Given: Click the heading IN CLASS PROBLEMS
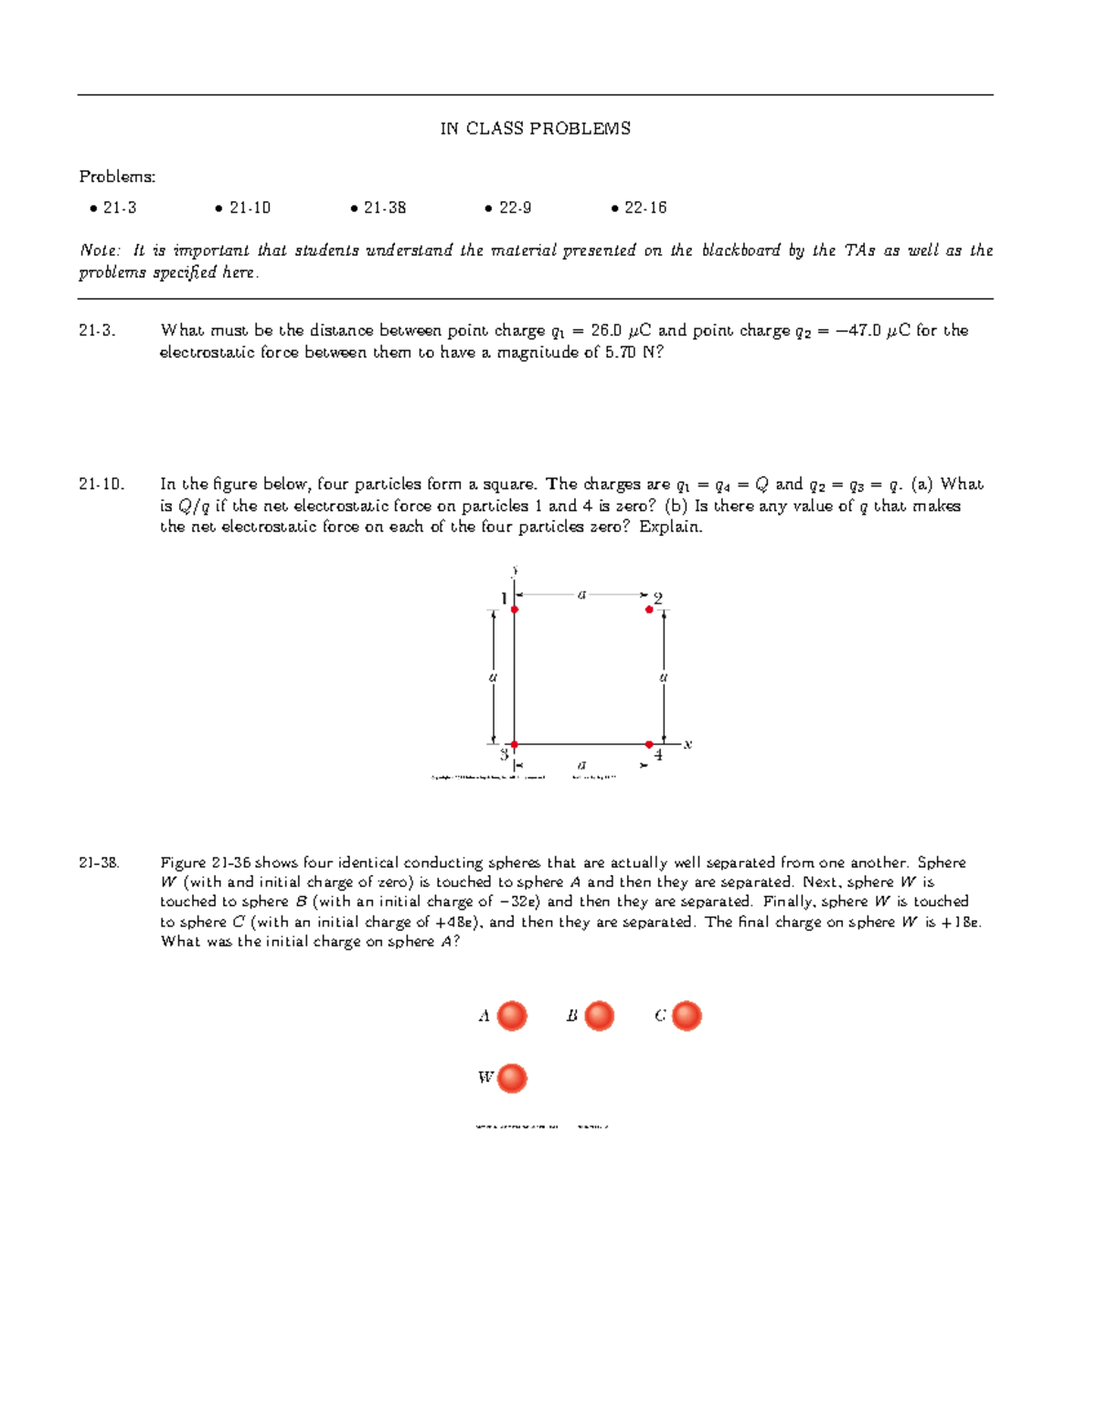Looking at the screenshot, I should pyautogui.click(x=535, y=129).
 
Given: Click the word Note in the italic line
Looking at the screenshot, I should pyautogui.click(x=97, y=251).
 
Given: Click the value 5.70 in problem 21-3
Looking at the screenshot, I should pyautogui.click(x=620, y=353).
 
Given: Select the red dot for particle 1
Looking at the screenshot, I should pyautogui.click(x=515, y=609).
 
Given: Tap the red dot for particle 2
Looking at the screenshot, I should pyautogui.click(x=649, y=609).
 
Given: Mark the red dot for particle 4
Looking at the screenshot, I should pyautogui.click(x=649, y=744).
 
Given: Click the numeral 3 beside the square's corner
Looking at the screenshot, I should pyautogui.click(x=503, y=755).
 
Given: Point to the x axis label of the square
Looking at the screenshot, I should pyautogui.click(x=687, y=744).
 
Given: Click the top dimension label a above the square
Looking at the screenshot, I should pyautogui.click(x=581, y=594).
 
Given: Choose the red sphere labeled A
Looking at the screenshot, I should pyautogui.click(x=512, y=1016).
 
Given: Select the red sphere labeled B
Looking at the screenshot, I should pyautogui.click(x=599, y=1016).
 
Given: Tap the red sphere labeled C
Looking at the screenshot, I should pyautogui.click(x=687, y=1016).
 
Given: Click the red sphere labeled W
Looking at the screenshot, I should pyautogui.click(x=512, y=1078).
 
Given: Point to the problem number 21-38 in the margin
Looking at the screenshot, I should pyautogui.click(x=99, y=863).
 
